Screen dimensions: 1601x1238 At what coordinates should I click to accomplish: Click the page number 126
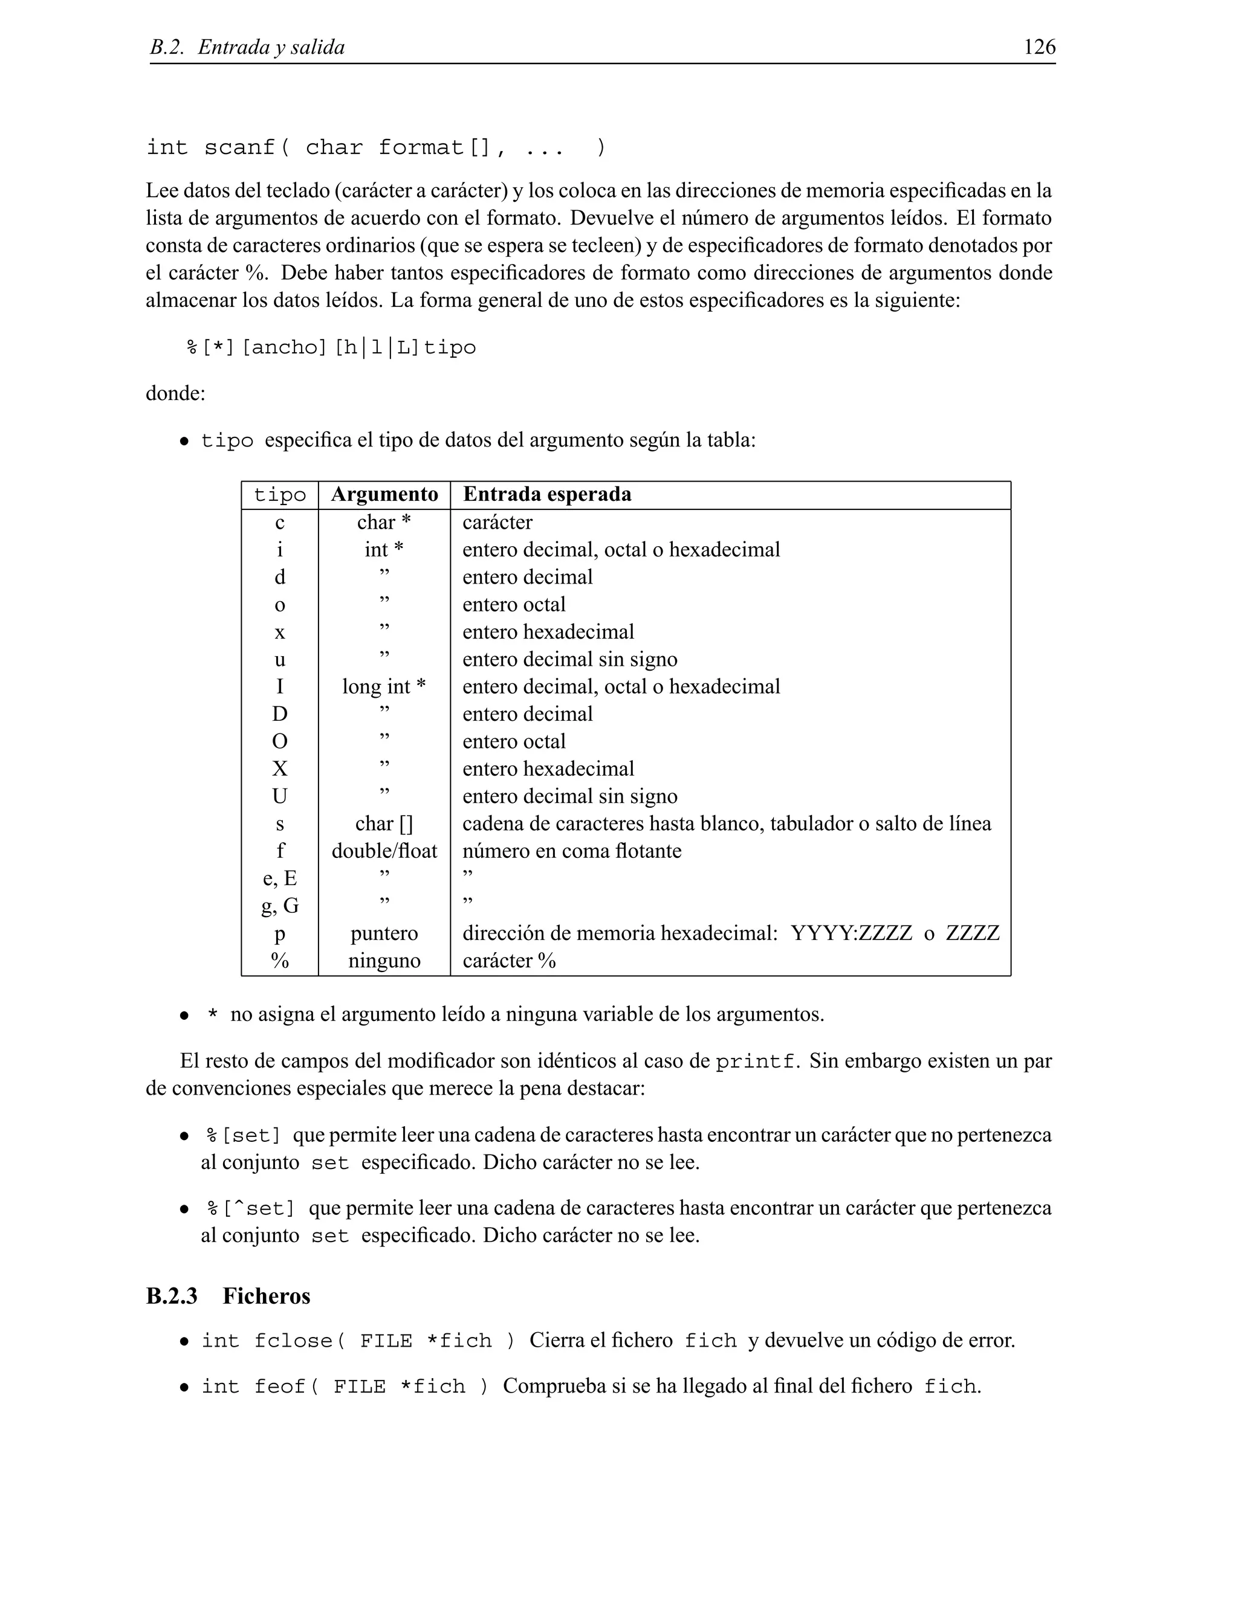1039,47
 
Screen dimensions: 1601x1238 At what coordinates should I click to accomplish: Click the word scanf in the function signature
239,147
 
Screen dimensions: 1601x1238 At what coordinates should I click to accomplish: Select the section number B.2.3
172,1295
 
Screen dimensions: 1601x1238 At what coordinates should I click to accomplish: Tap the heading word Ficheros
266,1295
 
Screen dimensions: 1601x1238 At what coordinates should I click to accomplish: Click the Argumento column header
384,495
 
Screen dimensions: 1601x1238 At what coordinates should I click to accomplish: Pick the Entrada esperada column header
546,495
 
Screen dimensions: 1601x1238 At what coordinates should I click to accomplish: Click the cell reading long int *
384,687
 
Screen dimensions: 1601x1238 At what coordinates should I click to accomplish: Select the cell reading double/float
384,851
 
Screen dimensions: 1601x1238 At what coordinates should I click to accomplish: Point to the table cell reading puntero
384,933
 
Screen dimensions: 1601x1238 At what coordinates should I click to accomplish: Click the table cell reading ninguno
384,961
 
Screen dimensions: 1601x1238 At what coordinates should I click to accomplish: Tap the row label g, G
279,906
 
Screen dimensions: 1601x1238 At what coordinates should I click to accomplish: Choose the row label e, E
279,878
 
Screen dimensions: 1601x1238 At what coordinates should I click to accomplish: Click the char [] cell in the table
384,824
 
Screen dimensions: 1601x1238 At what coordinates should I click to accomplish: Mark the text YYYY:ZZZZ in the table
851,933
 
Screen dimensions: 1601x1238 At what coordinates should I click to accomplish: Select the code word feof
279,1386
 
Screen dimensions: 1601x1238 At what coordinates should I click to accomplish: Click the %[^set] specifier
250,1208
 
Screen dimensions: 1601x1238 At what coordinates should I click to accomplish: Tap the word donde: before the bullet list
175,394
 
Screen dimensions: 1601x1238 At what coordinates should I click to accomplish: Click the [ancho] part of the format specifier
284,347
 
